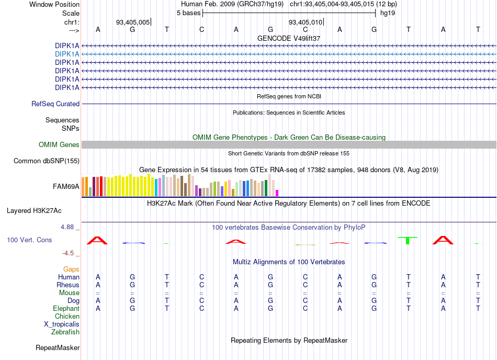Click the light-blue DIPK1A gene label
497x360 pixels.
pyautogui.click(x=67, y=54)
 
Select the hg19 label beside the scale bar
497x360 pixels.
pyautogui.click(x=388, y=13)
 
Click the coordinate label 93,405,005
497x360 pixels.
pyautogui.click(x=133, y=22)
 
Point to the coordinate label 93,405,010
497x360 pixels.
pyautogui.click(x=305, y=22)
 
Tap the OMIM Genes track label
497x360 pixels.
pyautogui.click(x=59, y=145)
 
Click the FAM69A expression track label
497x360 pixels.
pyautogui.click(x=66, y=187)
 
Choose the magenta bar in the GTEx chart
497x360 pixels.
pyautogui.click(x=277, y=193)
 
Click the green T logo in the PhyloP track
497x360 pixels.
pyautogui.click(x=408, y=241)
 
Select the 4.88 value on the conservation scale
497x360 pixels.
pyautogui.click(x=67, y=227)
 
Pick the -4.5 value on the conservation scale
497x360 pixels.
pyautogui.click(x=68, y=253)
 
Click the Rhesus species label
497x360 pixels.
pyautogui.click(x=68, y=285)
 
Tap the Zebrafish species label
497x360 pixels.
pyautogui.click(x=65, y=332)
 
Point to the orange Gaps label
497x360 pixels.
pyautogui.click(x=71, y=269)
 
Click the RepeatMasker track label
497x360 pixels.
pyautogui.click(x=58, y=348)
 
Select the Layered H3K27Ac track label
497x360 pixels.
pyautogui.click(x=34, y=211)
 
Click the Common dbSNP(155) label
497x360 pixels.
pyautogui.click(x=47, y=161)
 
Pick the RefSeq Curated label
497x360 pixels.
pyautogui.click(x=55, y=104)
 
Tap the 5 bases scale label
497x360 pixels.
pyautogui.click(x=188, y=13)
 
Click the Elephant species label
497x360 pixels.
pyautogui.click(x=66, y=309)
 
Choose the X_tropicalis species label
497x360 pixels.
pyautogui.click(x=62, y=324)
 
